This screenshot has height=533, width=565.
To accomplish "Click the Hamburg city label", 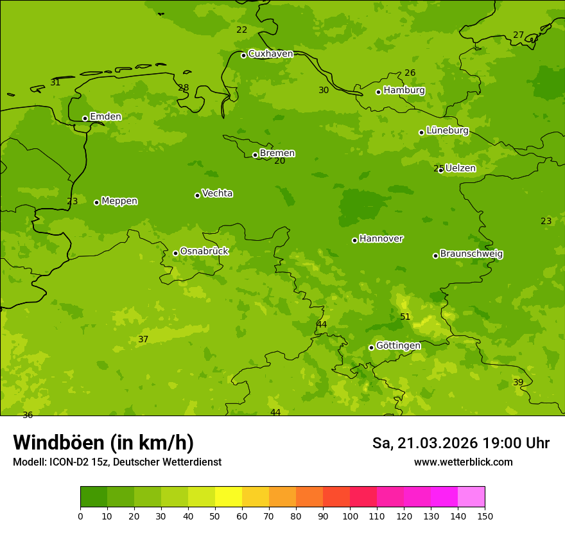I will pos(404,91).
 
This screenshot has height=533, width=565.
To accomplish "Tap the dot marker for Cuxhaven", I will pos(243,55).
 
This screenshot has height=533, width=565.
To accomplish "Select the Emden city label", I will pos(105,117).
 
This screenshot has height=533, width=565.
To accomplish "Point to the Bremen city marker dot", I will pos(255,155).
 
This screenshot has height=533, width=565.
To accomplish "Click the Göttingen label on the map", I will pos(398,346).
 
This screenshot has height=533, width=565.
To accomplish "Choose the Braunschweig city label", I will pos(471,254).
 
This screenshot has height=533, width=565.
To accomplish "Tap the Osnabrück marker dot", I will pos(175,253).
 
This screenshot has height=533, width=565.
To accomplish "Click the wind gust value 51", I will pos(405,317).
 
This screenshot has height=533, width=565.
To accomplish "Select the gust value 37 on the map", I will pos(143,339).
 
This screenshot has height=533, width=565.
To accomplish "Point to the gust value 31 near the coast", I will pos(55,82).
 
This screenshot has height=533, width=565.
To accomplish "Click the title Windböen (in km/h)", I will pos(103,442).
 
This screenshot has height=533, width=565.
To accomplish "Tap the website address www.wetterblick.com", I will pos(463,462).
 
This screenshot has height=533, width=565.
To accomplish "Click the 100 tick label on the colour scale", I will pos(350,516).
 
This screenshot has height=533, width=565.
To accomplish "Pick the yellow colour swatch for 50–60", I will pos(228,497).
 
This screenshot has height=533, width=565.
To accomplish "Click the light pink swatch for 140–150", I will pos(471,497).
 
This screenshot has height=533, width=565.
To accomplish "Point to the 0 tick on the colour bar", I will pos(80,516).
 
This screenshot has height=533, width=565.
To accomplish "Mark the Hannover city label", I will pos(381,239).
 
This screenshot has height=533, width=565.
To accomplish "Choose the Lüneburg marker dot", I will pos(421,132).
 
